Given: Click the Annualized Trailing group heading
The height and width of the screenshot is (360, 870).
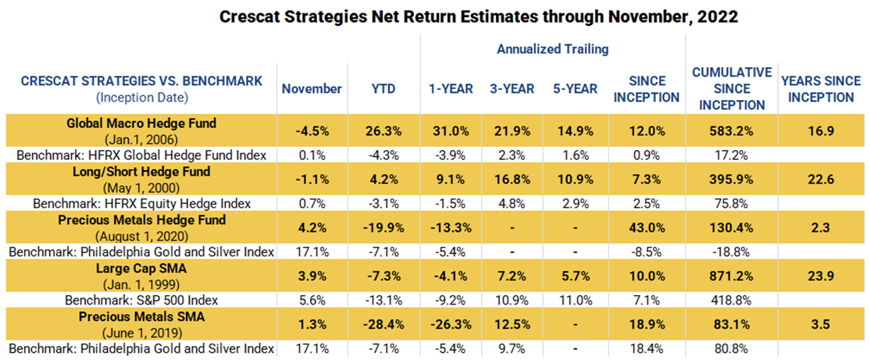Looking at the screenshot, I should click(553, 49).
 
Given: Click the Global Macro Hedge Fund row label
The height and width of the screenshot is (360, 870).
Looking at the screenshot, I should click(141, 123).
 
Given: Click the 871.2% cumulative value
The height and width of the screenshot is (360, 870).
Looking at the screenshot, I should click(732, 277).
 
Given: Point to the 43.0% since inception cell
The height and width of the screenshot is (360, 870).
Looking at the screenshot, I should click(646, 228).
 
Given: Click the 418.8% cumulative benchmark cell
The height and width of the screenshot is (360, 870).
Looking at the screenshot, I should click(732, 299).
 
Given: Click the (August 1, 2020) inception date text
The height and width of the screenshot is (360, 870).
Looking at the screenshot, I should click(141, 235).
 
